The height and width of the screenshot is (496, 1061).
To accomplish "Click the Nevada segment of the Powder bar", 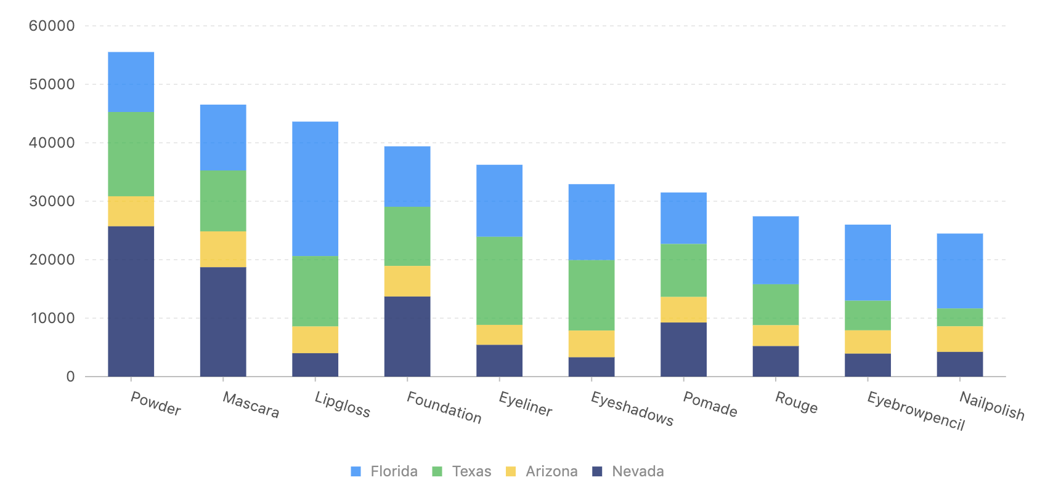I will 131,301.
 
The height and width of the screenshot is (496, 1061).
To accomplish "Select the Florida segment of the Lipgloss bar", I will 315,188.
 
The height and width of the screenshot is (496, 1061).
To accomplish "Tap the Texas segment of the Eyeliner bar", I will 499,281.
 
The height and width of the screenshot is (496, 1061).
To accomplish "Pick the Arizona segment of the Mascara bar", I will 223,249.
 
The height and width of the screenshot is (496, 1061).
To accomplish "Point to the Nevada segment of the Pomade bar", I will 683,349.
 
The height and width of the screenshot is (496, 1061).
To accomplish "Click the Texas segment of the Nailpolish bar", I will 959,317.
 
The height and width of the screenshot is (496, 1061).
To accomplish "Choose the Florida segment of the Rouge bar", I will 775,250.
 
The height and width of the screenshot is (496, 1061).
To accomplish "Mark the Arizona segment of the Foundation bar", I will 407,281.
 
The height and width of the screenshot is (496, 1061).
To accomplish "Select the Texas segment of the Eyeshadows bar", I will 591,295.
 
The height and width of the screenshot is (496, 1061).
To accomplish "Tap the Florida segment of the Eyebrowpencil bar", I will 868,262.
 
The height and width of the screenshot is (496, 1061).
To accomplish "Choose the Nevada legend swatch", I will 597,471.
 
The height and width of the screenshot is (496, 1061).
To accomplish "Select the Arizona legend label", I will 551,471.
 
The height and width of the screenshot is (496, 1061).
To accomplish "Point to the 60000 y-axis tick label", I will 52,26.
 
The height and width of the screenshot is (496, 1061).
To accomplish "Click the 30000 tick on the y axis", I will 52,201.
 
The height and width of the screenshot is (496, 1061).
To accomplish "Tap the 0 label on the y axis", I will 70,377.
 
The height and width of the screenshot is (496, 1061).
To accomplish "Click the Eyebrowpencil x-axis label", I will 916,410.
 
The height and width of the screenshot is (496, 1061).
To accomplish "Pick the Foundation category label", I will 444,407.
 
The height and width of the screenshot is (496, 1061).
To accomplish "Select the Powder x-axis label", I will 155,404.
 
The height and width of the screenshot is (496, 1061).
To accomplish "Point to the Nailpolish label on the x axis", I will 991,406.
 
